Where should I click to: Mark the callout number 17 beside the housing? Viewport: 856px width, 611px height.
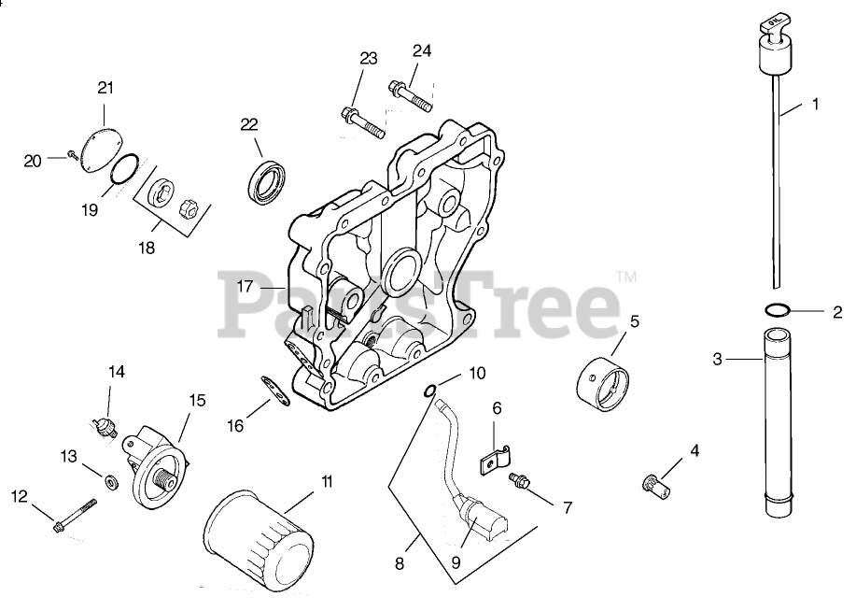point(246,287)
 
